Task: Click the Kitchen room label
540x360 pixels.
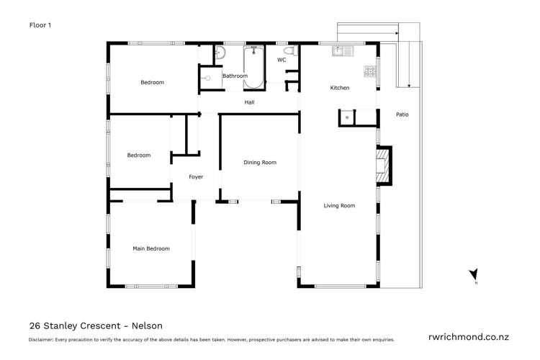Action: (x=339, y=88)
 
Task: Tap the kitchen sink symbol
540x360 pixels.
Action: (x=340, y=50)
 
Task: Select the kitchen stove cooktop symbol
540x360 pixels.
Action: (x=370, y=71)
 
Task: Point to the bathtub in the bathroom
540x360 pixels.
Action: (x=253, y=68)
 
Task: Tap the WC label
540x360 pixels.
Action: (x=282, y=60)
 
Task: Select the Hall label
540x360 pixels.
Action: (x=249, y=102)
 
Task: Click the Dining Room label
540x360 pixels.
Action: (x=260, y=163)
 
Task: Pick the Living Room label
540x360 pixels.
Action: (x=339, y=206)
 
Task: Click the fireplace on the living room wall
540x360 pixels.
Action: (x=384, y=166)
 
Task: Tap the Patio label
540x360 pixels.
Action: (x=402, y=114)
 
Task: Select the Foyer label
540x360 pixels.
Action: (x=196, y=177)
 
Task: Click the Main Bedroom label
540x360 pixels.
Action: (x=151, y=248)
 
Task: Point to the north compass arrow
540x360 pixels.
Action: (x=474, y=275)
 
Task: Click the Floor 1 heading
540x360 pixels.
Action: (x=40, y=25)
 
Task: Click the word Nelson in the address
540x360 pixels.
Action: (x=146, y=325)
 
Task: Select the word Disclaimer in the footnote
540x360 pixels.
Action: (x=42, y=339)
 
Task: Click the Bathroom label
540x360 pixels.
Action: (x=235, y=76)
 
